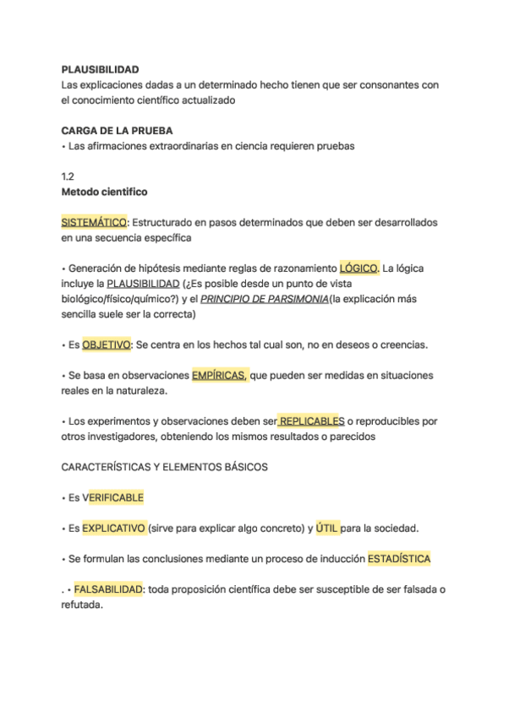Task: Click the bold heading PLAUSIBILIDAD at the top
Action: (x=101, y=69)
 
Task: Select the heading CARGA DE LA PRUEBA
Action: (x=118, y=131)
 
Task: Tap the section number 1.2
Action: (x=68, y=176)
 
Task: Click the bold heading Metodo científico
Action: (x=105, y=192)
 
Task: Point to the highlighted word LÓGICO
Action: (x=358, y=268)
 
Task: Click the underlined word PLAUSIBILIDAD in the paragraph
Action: (x=144, y=284)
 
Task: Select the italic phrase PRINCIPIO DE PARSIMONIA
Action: (x=265, y=299)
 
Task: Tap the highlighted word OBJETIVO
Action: (x=107, y=344)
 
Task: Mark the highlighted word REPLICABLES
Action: (x=311, y=420)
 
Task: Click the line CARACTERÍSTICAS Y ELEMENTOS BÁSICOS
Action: (x=165, y=467)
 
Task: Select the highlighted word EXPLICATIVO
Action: (x=113, y=529)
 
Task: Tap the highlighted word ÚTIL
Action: (x=326, y=529)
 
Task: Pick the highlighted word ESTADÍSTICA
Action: (x=399, y=559)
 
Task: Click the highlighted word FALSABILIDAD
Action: (x=107, y=589)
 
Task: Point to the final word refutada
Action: (x=81, y=605)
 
